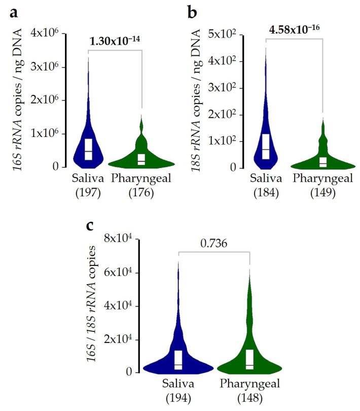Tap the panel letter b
(x=191, y=12)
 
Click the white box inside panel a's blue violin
(x=88, y=149)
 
